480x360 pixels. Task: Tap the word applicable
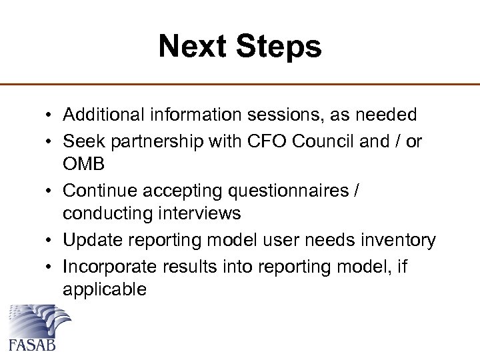pos(103,289)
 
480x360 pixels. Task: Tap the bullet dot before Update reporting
pos(51,241)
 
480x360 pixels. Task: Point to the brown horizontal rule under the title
pos(240,85)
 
